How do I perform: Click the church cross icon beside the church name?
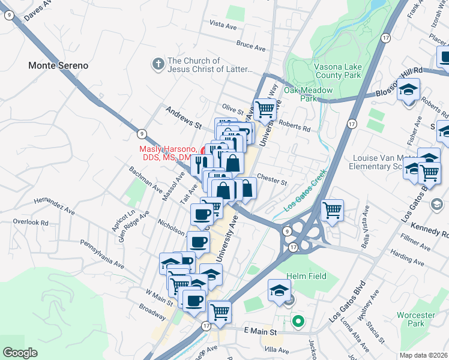click(x=158, y=64)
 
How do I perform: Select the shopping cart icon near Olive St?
click(x=265, y=109)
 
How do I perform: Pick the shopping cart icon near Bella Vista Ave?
click(x=332, y=210)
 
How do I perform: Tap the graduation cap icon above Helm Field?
click(x=279, y=290)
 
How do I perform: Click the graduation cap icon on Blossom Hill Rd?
click(x=408, y=89)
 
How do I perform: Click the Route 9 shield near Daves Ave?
click(x=10, y=17)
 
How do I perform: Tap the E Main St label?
click(x=259, y=331)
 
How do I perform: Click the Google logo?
click(x=20, y=353)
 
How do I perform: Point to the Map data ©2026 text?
click(x=423, y=355)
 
